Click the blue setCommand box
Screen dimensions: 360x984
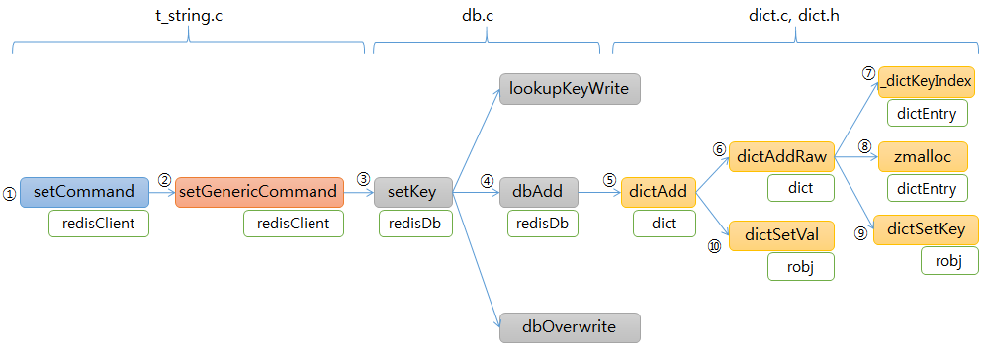pyautogui.click(x=84, y=192)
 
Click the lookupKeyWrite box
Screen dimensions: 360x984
pyautogui.click(x=570, y=88)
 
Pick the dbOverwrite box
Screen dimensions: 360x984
pyautogui.click(x=570, y=327)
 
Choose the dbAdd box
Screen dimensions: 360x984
pyautogui.click(x=539, y=192)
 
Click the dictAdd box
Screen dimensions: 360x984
pyautogui.click(x=659, y=192)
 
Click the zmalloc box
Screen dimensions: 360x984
pyautogui.click(x=923, y=156)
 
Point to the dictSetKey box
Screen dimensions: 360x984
pyautogui.click(x=927, y=229)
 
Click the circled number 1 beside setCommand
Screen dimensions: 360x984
pyautogui.click(x=10, y=195)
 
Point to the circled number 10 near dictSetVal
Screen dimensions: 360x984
pyautogui.click(x=715, y=247)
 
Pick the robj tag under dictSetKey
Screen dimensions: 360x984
pyautogui.click(x=948, y=260)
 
